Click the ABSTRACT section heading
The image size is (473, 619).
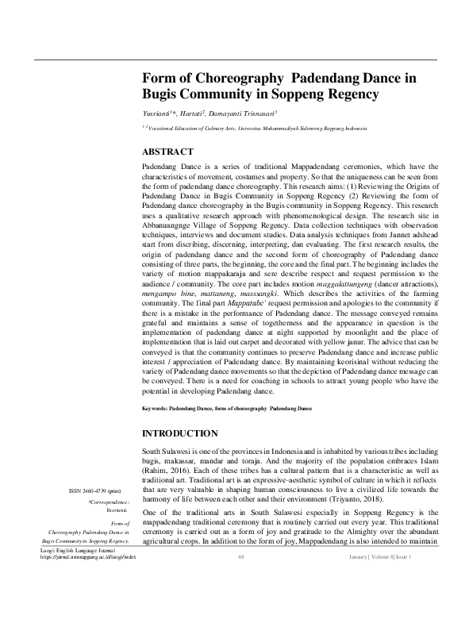click(167, 151)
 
